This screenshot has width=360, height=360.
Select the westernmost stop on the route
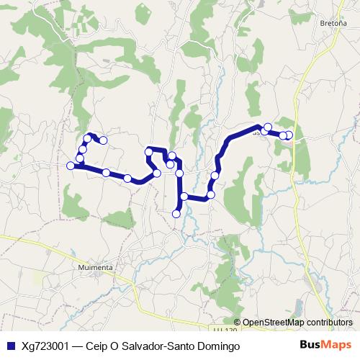[71, 166]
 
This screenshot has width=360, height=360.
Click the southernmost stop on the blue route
[176, 213]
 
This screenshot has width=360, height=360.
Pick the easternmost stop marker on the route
[289, 135]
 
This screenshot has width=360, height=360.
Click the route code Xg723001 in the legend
[45, 346]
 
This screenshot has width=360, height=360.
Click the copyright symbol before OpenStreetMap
[238, 323]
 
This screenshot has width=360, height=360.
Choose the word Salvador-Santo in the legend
[157, 346]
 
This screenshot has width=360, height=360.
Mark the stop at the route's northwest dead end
[103, 140]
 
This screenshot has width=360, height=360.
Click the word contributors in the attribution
[329, 323]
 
